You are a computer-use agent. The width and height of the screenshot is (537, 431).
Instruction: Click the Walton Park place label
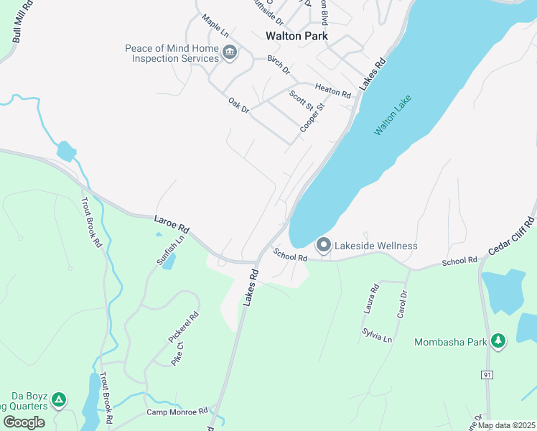296,35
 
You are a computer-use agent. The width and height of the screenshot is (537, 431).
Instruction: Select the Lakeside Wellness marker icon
324,246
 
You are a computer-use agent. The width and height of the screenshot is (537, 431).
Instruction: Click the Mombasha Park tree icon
500,340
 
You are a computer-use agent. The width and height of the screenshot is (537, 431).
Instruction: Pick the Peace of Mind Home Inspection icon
230,52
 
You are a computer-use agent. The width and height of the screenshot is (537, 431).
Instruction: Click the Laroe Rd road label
172,223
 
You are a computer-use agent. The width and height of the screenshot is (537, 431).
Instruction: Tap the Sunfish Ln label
171,249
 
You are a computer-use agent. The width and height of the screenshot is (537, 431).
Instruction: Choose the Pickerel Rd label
184,326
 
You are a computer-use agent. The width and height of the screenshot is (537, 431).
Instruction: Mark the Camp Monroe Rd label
177,412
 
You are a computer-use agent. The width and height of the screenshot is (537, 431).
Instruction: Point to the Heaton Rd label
332,93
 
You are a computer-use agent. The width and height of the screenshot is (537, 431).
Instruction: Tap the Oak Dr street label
238,106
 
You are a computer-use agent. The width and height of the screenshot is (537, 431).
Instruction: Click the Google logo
24,422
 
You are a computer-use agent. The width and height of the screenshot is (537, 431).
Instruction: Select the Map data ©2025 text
506,425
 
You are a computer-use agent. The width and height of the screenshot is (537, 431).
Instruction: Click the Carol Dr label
402,305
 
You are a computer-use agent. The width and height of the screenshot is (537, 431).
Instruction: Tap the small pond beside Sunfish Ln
168,261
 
